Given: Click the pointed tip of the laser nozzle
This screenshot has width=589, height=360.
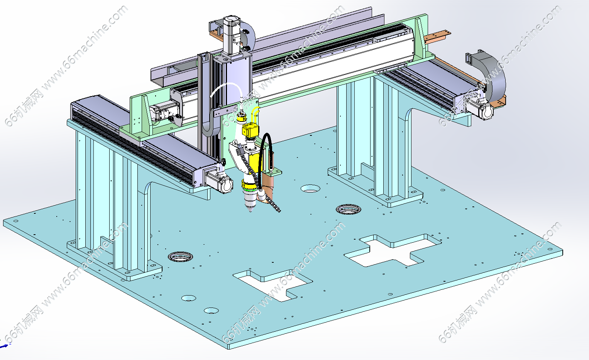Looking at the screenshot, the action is pos(250,211).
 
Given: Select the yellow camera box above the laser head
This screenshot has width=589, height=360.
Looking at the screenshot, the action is pos(250,130).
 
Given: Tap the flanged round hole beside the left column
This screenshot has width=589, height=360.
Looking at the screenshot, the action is pos(180,257).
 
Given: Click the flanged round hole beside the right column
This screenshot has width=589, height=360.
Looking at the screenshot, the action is pos(349,209).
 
